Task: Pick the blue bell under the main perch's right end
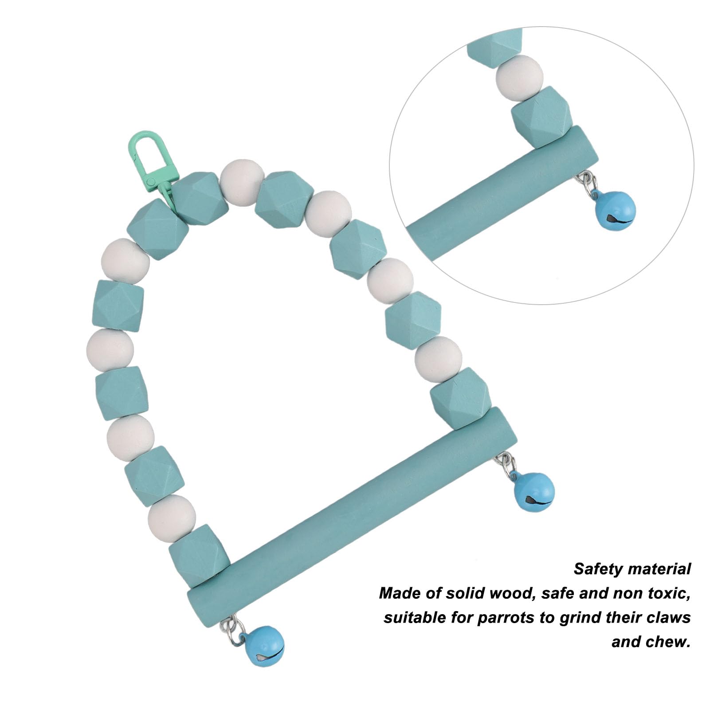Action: pos(533,491)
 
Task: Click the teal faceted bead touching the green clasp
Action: pos(198,199)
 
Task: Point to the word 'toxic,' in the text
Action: pos(667,593)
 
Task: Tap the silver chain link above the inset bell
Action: pos(586,182)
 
